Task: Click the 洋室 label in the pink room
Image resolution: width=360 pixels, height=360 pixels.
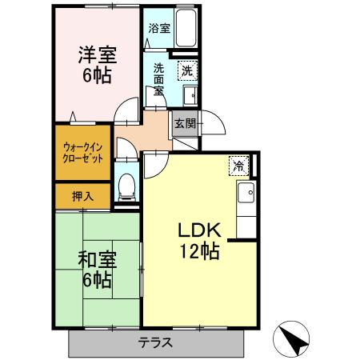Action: [95, 57]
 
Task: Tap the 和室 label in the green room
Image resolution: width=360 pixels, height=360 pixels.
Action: [95, 260]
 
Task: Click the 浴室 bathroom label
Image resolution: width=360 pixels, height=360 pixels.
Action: [158, 28]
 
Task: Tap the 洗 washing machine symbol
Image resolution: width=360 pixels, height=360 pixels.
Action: [186, 70]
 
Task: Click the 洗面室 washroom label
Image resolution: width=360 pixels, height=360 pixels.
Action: [160, 80]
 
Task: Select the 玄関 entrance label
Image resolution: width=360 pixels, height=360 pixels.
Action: [185, 122]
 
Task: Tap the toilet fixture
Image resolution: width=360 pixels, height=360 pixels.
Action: [126, 186]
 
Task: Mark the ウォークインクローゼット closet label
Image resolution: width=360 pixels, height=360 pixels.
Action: [81, 152]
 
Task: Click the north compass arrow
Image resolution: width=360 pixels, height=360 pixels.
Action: [294, 340]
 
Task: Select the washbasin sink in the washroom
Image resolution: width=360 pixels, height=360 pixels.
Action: [192, 94]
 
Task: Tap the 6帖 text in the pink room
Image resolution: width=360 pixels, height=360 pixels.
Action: [95, 77]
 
